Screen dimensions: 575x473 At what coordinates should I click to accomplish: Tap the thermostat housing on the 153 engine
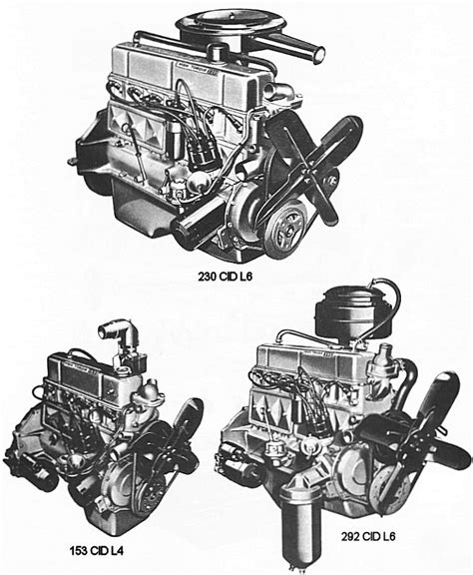point(149,392)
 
